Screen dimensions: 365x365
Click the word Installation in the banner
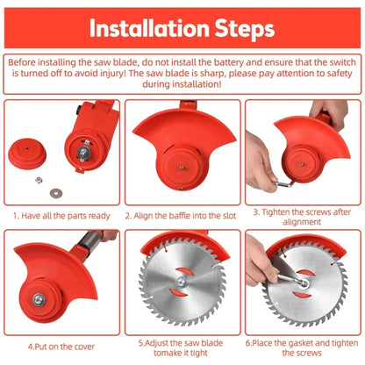149,28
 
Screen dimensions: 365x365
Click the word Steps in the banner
245,30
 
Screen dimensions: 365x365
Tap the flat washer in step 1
56,193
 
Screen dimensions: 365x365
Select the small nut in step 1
39,180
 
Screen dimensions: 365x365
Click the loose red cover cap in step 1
27,154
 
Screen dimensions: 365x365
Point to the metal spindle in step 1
84,151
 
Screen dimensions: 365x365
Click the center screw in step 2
182,168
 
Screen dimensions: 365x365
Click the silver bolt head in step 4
39,299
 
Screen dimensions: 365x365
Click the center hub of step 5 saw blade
181,283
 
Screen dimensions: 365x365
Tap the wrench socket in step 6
304,283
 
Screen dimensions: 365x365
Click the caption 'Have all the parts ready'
61,216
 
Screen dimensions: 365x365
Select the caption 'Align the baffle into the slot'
181,216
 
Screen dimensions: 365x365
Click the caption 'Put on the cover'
61,347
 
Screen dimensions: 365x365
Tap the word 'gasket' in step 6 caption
299,343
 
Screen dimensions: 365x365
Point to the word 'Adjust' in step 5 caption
156,343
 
